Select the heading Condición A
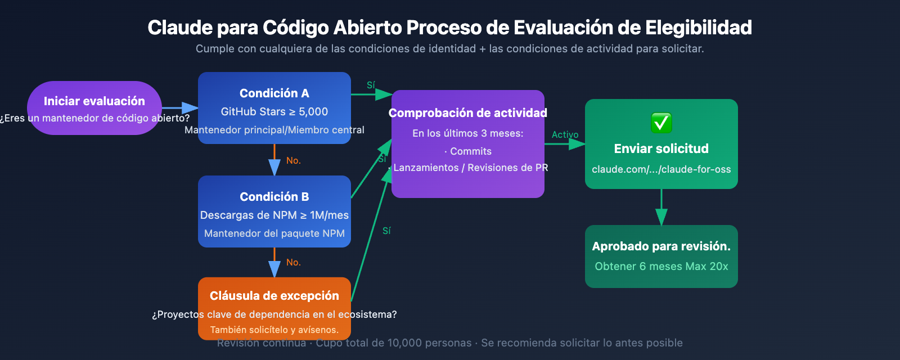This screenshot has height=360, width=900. pos(274,93)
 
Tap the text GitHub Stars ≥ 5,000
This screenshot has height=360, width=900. pos(274,112)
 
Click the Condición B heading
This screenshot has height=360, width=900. pos(274,197)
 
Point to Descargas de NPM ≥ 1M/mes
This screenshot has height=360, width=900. pos(274,215)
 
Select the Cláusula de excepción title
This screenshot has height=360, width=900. pos(274,296)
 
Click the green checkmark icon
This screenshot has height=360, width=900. pos(661,123)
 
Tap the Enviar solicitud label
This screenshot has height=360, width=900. pos(661,149)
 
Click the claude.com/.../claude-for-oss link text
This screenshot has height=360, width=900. pos(661,169)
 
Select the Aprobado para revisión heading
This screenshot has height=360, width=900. pos(661,246)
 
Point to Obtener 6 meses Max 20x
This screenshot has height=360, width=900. pos(661,267)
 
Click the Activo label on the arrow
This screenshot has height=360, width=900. pos(565,135)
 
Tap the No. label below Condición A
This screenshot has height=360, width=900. pos(293,161)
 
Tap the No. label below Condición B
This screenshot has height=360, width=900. pos(293,263)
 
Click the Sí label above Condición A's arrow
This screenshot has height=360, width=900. pos(371,85)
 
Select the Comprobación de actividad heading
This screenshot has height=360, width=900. pos(467,113)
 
